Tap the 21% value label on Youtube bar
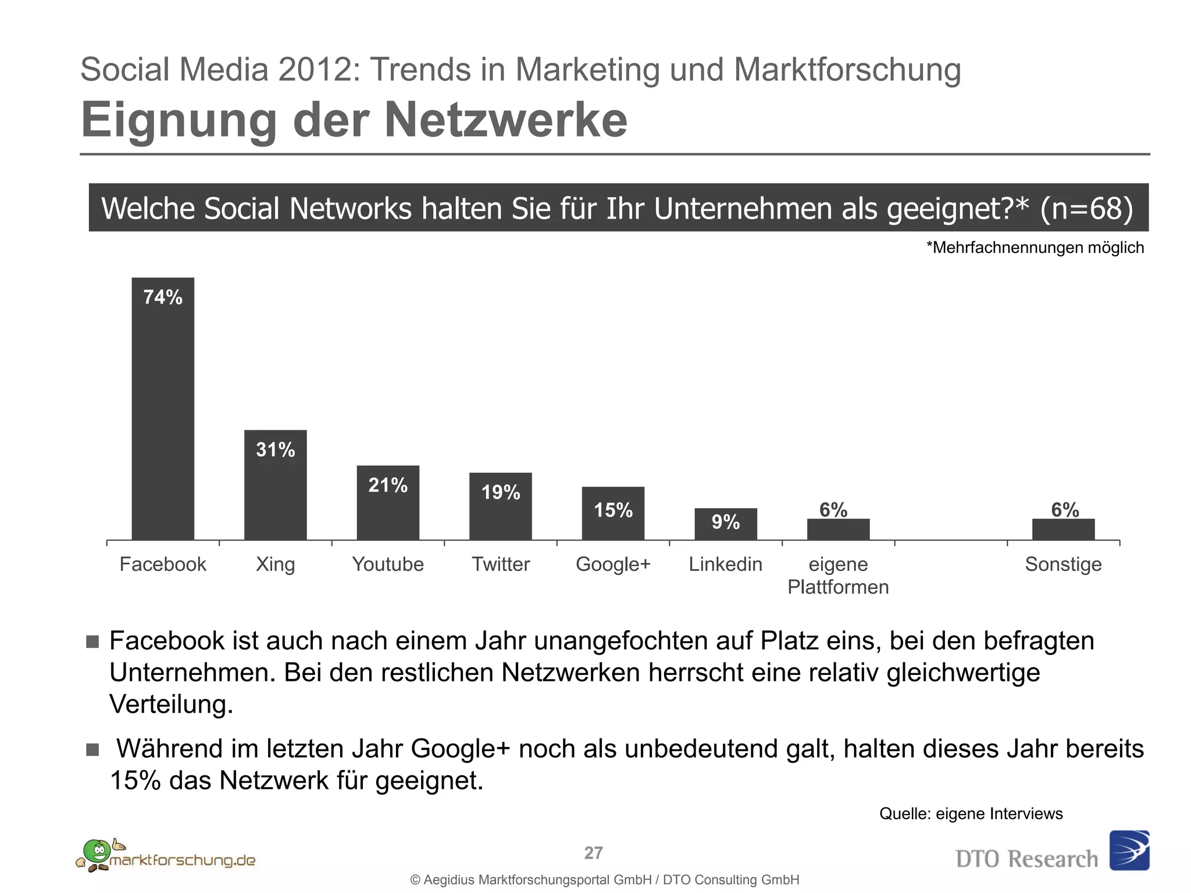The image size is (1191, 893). tap(388, 485)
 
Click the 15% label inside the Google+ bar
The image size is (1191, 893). tap(613, 510)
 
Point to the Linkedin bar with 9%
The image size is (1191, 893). tap(725, 524)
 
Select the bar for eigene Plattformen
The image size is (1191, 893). tap(838, 529)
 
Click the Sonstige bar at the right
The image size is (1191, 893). tap(1063, 529)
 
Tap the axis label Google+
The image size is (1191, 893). tap(613, 564)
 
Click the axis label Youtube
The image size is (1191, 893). tap(388, 564)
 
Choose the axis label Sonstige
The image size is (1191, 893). tap(1063, 564)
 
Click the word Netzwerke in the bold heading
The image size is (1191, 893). tap(505, 120)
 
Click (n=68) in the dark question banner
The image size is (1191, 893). tap(1086, 208)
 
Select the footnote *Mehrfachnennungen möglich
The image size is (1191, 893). tap(1035, 248)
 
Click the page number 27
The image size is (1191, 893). tap(593, 853)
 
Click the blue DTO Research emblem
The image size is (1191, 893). tap(1129, 850)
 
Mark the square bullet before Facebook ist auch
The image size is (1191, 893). tap(92, 641)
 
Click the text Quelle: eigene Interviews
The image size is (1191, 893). tap(971, 813)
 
